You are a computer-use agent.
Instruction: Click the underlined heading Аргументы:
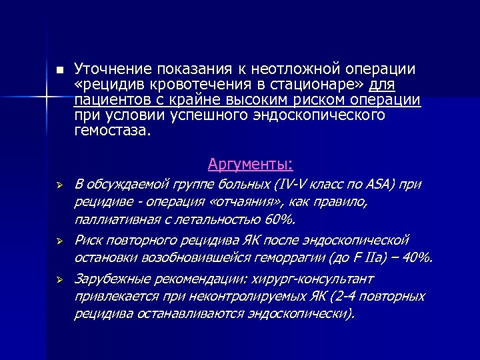pos(251,164)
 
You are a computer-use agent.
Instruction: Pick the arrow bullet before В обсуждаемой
pos(59,185)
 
